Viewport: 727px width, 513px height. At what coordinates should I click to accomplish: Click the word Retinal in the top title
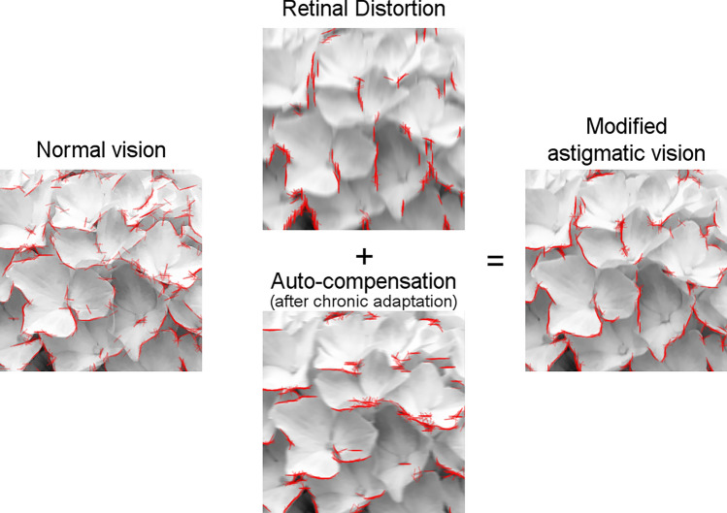tap(310, 11)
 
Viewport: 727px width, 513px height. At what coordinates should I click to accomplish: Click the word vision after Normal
tap(137, 149)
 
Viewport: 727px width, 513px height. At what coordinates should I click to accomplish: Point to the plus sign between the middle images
tap(364, 256)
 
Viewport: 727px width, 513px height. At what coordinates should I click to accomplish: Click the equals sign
tap(495, 259)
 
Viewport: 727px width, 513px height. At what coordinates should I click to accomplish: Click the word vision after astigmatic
tap(676, 152)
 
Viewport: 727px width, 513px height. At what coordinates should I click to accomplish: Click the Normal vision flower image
tap(101, 270)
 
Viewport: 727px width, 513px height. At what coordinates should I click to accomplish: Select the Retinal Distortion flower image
tap(363, 128)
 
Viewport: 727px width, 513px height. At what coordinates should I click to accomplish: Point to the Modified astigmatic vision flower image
tap(625, 270)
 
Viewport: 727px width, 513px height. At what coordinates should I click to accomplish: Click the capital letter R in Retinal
tap(286, 11)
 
